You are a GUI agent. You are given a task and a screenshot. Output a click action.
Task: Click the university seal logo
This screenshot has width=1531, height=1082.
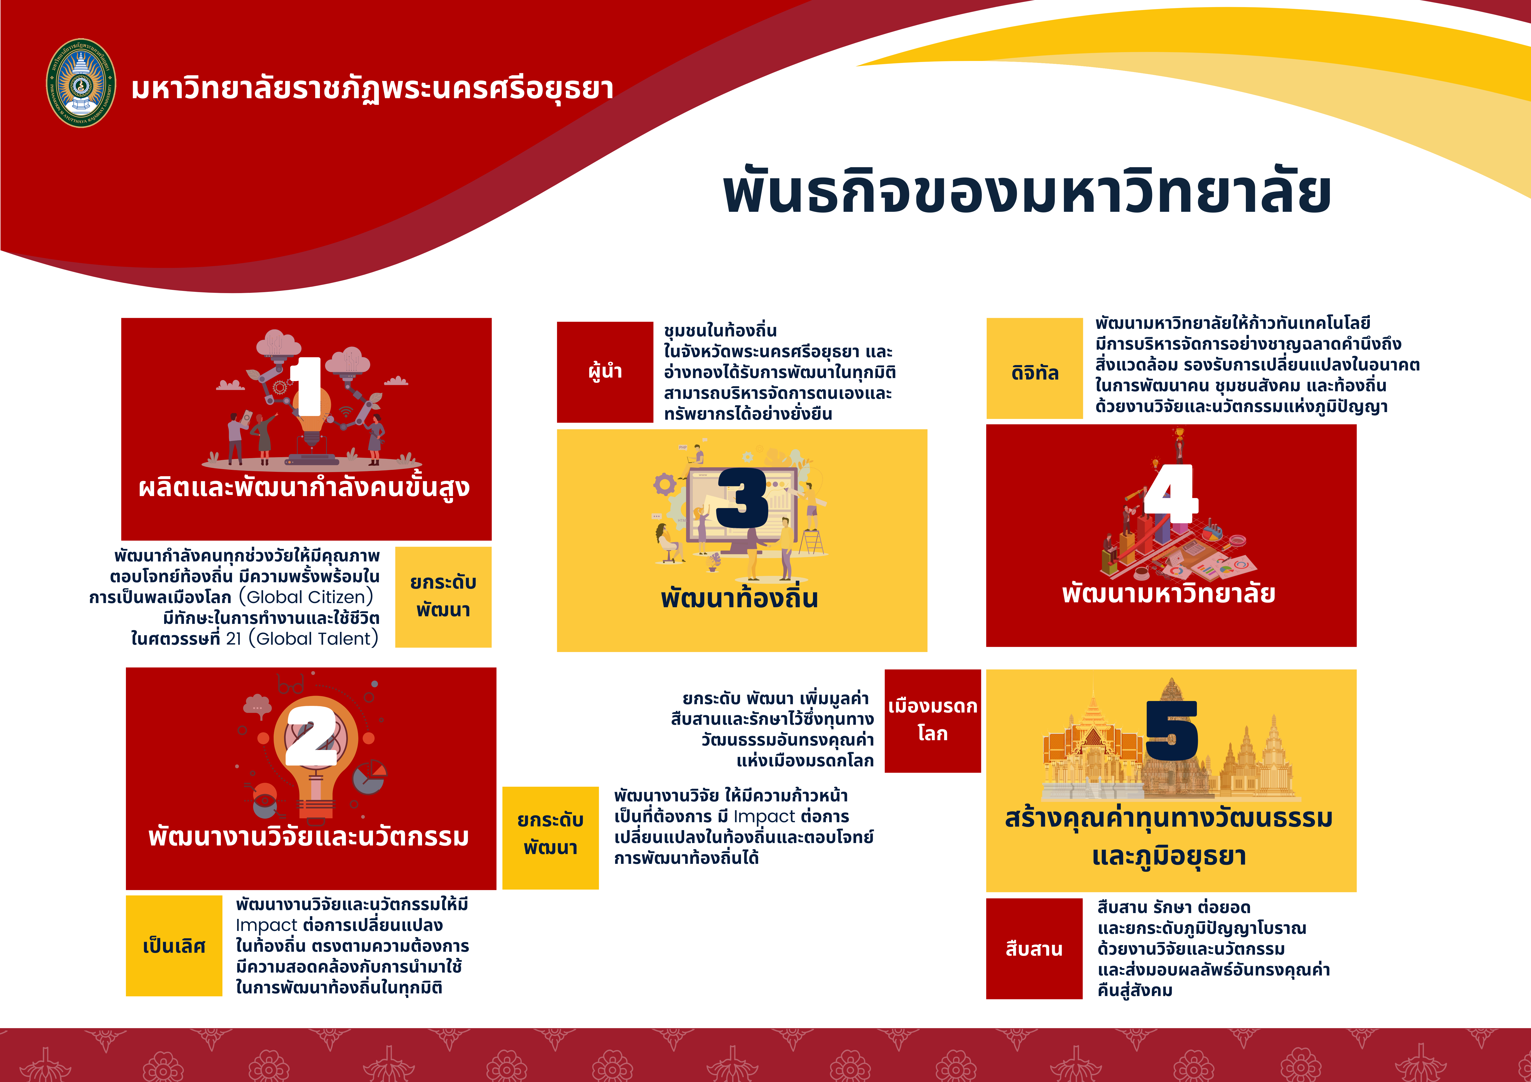point(81,83)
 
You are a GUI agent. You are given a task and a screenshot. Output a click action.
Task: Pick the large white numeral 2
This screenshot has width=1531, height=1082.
point(311,735)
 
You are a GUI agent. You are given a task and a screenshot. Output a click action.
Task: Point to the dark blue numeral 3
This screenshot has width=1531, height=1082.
point(742,498)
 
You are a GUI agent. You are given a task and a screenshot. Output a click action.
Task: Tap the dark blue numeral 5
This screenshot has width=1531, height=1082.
point(1172,731)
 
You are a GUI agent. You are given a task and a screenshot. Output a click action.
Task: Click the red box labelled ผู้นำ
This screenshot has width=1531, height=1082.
point(605,372)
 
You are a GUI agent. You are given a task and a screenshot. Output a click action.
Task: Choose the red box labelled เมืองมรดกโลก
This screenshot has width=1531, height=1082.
point(932,721)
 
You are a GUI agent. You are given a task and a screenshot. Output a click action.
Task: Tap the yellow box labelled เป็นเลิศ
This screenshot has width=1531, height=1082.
point(174,945)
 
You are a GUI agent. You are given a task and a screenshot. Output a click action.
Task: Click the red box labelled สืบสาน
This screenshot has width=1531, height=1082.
point(1034,949)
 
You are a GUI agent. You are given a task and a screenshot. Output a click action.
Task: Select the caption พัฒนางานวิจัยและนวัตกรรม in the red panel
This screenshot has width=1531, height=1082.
point(309,836)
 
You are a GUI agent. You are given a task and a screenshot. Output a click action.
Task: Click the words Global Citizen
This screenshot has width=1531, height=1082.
point(306,597)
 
